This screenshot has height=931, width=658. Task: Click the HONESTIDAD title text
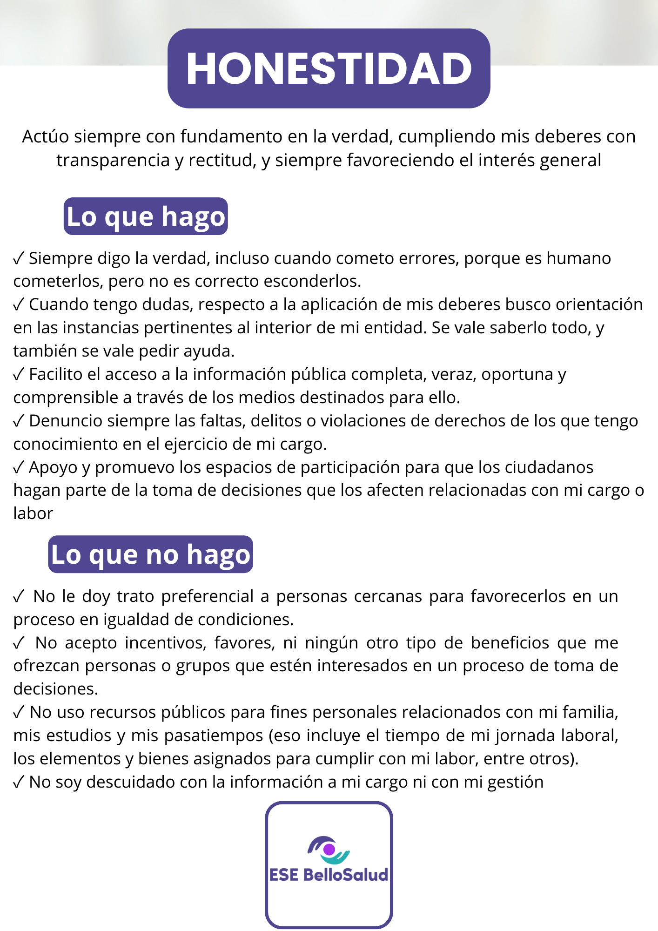329,69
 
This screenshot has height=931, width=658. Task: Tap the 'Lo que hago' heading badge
146,216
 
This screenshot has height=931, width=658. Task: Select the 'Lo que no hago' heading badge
150,554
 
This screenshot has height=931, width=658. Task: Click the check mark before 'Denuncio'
19,421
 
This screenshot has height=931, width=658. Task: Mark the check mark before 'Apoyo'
19,467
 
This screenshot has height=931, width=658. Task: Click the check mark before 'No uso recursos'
19,712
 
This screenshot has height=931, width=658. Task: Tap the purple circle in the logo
329,850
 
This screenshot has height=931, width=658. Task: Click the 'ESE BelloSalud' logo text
329,875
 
